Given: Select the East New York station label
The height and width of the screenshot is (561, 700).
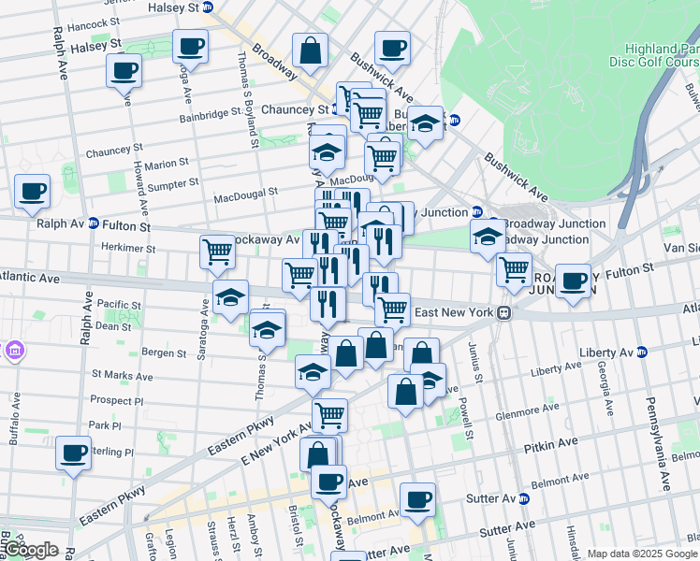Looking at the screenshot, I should (454, 311).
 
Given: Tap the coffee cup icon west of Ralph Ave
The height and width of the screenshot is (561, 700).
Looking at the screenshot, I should (32, 192).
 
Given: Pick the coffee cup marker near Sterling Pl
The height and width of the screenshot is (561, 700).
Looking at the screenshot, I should (72, 453).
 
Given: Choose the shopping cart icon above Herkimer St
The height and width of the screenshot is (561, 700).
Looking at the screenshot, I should (217, 251).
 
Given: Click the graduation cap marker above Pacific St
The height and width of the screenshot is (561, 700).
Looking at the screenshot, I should (230, 297).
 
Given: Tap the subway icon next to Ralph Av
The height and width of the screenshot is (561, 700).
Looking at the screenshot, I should (93, 224).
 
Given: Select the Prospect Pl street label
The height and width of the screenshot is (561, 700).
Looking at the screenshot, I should (117, 400).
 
